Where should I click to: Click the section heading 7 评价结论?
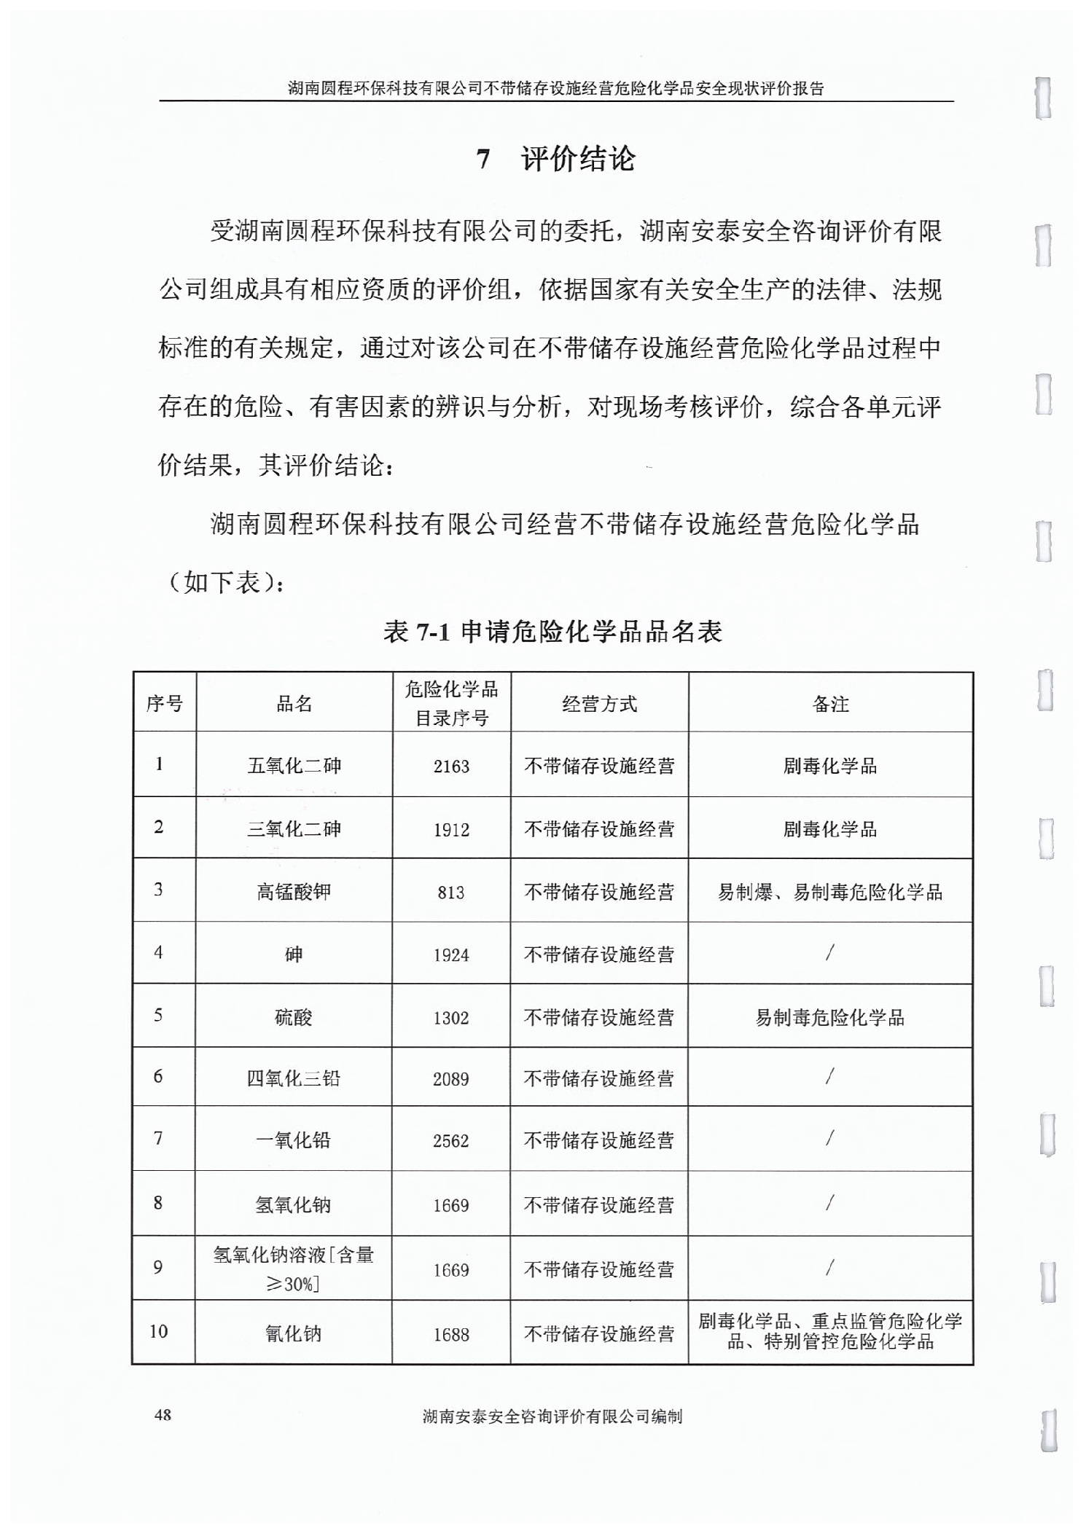pyautogui.click(x=555, y=160)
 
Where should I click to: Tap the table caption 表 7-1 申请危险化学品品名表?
pyautogui.click(x=552, y=631)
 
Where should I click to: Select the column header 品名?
pyautogui.click(x=294, y=704)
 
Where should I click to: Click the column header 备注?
pyautogui.click(x=830, y=704)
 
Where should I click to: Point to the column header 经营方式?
pyautogui.click(x=599, y=704)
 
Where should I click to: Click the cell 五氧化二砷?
pyautogui.click(x=294, y=766)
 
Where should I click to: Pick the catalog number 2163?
pyautogui.click(x=451, y=766)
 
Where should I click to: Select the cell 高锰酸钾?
pyautogui.click(x=294, y=892)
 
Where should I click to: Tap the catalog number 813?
pyautogui.click(x=451, y=893)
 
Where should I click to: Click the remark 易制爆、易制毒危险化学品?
pyautogui.click(x=830, y=892)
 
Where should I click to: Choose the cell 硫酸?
pyautogui.click(x=294, y=1017)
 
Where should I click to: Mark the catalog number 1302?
pyautogui.click(x=451, y=1018)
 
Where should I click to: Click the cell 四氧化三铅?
pyautogui.click(x=294, y=1078)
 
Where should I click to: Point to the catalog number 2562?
pyautogui.click(x=451, y=1141)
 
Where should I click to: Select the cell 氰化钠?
pyautogui.click(x=294, y=1334)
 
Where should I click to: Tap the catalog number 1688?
pyautogui.click(x=451, y=1335)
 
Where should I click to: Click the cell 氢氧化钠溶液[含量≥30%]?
pyautogui.click(x=294, y=1269)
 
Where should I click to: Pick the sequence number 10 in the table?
pyautogui.click(x=159, y=1332)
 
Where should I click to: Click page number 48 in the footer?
pyautogui.click(x=163, y=1415)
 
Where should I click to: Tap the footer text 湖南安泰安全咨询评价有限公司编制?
pyautogui.click(x=552, y=1416)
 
